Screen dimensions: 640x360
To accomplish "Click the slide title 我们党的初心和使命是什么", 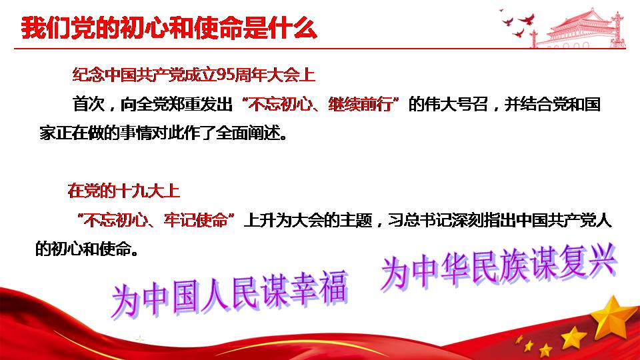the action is coord(169,28).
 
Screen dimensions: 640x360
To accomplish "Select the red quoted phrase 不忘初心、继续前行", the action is coord(321,104).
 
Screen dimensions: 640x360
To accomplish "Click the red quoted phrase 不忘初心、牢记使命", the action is coord(155,221).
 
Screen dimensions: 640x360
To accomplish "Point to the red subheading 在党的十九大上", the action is coord(124,191).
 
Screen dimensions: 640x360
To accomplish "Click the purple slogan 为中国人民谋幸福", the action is coord(229,295).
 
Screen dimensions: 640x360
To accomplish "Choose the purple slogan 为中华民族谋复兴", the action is coord(499,266).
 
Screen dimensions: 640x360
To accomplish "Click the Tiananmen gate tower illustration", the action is coord(581,29).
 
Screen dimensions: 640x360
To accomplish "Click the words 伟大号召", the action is coord(456,104).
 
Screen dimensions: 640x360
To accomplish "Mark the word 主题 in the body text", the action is coord(355,221).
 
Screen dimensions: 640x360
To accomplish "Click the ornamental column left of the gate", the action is coord(533,39).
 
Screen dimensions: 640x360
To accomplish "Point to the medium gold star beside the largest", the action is coord(573,338).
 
